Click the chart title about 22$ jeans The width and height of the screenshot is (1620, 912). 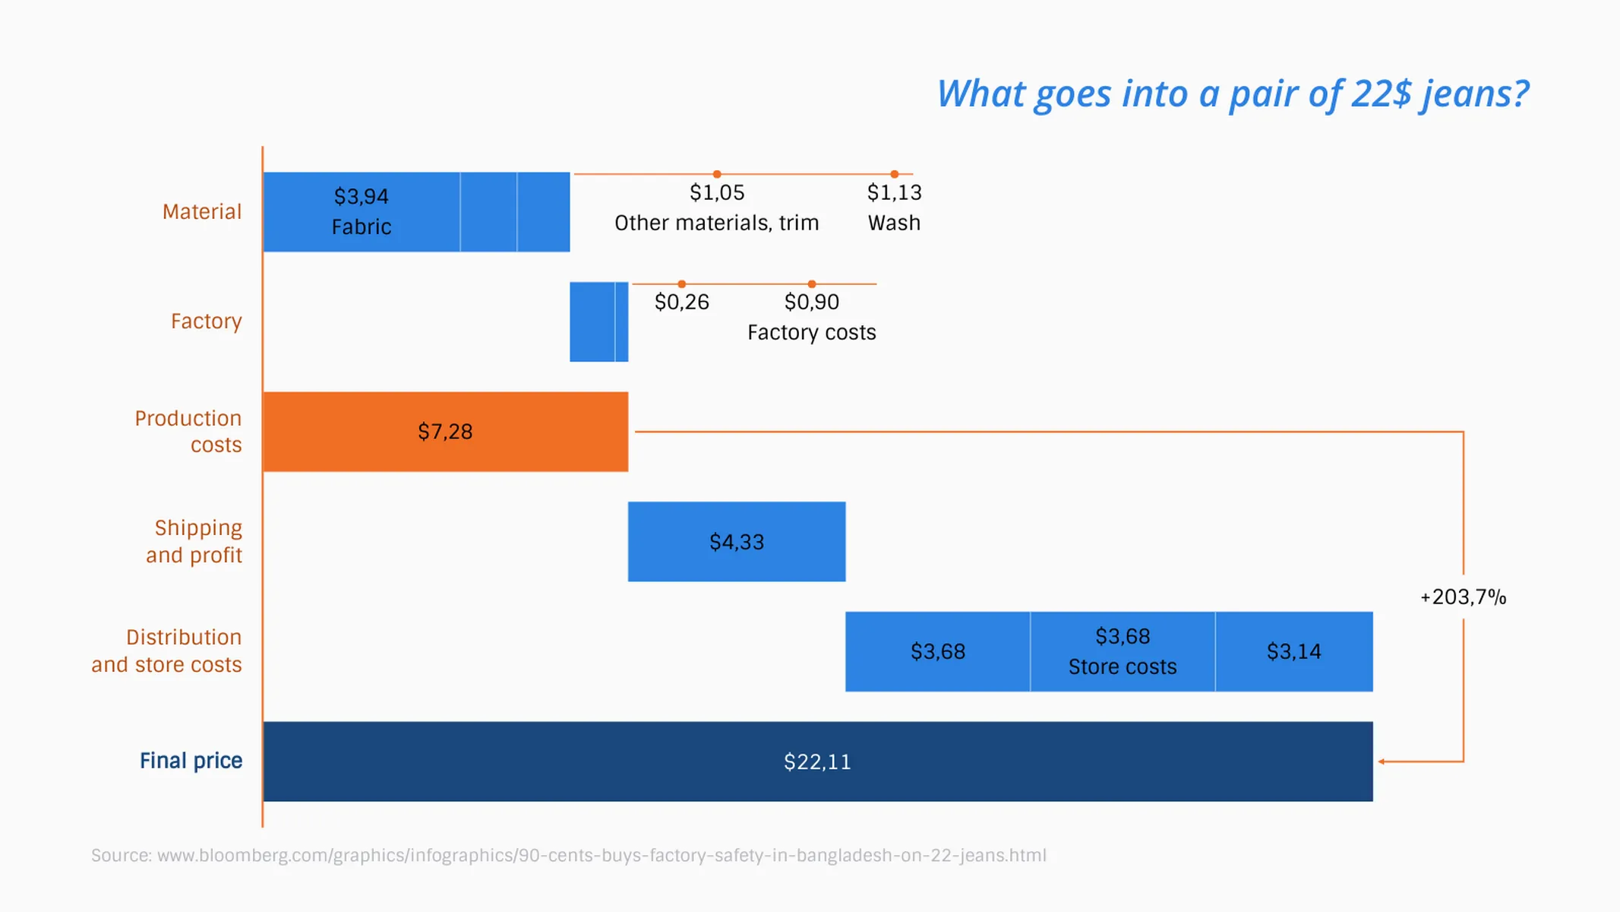pyautogui.click(x=1232, y=94)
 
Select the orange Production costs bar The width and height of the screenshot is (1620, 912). pyautogui.click(x=445, y=432)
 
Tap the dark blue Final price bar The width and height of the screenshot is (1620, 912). pyautogui.click(x=817, y=762)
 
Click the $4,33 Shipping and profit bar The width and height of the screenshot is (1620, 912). pyautogui.click(x=736, y=542)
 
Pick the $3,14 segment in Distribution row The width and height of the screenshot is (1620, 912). pyautogui.click(x=1293, y=651)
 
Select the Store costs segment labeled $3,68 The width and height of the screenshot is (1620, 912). pyautogui.click(x=1122, y=651)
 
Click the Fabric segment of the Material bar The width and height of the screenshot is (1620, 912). pyautogui.click(x=362, y=212)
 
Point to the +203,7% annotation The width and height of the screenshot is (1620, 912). pyautogui.click(x=1463, y=597)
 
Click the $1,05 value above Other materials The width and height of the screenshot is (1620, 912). pyautogui.click(x=716, y=193)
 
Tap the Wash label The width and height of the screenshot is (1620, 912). pyautogui.click(x=894, y=223)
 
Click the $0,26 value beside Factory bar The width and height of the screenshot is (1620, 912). pyautogui.click(x=681, y=302)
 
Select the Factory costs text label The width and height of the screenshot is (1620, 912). pyautogui.click(x=811, y=333)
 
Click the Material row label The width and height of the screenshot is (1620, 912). pyautogui.click(x=202, y=212)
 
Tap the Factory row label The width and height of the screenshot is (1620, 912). pyautogui.click(x=206, y=321)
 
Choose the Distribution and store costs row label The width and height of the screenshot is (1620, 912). pyautogui.click(x=167, y=651)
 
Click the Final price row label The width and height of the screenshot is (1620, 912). pyautogui.click(x=191, y=761)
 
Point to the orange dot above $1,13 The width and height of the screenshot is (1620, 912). pyautogui.click(x=894, y=174)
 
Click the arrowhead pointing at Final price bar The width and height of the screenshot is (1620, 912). pyautogui.click(x=1382, y=762)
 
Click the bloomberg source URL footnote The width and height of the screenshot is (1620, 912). pyautogui.click(x=568, y=856)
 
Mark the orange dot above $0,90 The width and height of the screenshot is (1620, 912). pyautogui.click(x=811, y=284)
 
